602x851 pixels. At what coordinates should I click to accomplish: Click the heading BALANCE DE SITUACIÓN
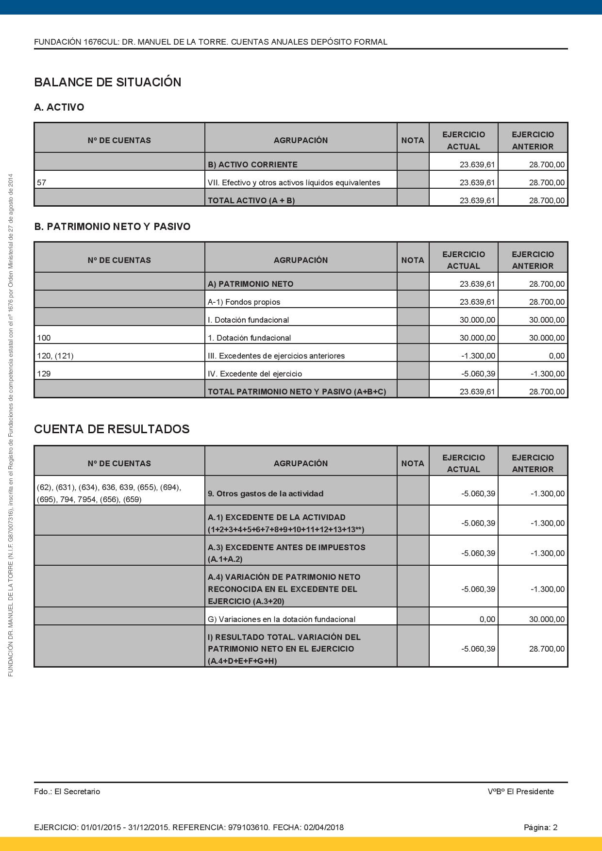click(107, 82)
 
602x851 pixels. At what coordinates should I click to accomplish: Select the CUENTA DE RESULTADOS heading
click(112, 429)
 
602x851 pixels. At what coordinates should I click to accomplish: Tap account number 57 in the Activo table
click(41, 183)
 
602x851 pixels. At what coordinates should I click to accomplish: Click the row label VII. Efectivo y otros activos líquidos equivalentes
click(294, 183)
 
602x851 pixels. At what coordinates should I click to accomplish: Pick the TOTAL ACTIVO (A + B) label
click(251, 200)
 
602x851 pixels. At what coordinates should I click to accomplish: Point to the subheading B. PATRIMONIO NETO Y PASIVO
click(112, 227)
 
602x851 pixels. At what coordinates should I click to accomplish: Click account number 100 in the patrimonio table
click(44, 338)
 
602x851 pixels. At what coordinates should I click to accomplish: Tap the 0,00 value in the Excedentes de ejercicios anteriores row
click(556, 356)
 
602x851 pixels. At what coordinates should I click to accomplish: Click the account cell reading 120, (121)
click(55, 356)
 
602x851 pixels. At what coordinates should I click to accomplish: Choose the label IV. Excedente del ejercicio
click(254, 374)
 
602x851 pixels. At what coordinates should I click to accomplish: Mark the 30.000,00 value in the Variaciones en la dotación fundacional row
click(547, 619)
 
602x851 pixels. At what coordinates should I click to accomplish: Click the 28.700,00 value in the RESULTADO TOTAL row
click(547, 649)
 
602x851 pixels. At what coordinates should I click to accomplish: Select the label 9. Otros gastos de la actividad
click(265, 493)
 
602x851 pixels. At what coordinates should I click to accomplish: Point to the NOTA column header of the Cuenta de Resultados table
click(413, 463)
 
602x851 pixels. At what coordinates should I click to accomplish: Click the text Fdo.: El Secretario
click(67, 791)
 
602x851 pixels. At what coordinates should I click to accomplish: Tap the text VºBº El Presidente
click(520, 791)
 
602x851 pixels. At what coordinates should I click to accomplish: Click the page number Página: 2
click(540, 827)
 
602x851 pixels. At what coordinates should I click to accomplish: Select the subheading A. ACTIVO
click(59, 107)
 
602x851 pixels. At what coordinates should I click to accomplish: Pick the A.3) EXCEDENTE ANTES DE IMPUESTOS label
click(286, 547)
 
